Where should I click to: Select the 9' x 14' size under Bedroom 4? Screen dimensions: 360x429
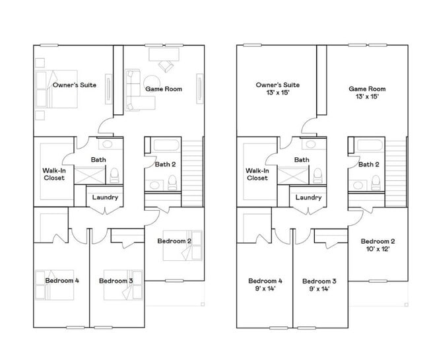(x=265, y=289)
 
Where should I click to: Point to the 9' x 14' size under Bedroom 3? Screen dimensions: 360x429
(x=319, y=289)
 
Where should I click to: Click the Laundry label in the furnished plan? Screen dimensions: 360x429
(x=105, y=197)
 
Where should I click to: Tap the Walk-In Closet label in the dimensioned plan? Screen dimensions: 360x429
(x=257, y=174)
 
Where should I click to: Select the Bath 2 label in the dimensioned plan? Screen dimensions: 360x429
(x=369, y=164)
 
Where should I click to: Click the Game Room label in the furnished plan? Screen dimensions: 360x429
(x=164, y=89)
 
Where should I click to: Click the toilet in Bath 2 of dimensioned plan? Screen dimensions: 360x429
(x=375, y=182)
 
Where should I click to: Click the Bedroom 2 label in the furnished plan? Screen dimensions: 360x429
(x=174, y=241)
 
